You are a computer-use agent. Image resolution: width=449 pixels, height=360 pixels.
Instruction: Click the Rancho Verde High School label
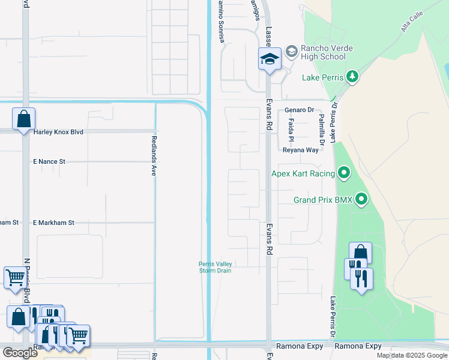(324, 53)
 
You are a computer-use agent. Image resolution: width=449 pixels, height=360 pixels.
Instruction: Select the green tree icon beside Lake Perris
(352, 77)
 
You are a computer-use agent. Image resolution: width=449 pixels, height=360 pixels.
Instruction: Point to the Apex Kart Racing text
(303, 174)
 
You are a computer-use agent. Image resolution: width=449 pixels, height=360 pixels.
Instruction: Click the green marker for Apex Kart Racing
(344, 173)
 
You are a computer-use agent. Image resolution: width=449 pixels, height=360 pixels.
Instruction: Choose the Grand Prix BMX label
(322, 200)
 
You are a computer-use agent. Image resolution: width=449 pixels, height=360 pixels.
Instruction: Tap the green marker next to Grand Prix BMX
(361, 199)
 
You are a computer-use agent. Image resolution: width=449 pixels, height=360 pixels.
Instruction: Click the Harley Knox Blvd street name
(58, 132)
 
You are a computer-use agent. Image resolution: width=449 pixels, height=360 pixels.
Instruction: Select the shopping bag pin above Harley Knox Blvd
(23, 119)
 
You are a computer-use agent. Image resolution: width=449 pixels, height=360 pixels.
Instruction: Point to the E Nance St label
(49, 162)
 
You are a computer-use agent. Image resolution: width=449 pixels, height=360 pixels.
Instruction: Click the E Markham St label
(53, 223)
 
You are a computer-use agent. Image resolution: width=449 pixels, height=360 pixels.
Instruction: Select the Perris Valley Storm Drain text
(215, 267)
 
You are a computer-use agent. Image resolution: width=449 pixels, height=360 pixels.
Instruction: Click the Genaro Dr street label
(300, 110)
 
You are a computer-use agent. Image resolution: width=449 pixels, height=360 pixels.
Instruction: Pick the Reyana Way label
(301, 150)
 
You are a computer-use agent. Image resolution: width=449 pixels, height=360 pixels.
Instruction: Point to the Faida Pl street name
(291, 129)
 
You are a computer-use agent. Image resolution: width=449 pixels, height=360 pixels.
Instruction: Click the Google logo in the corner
(20, 353)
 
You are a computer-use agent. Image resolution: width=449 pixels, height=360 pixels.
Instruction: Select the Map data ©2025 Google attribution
(412, 355)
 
